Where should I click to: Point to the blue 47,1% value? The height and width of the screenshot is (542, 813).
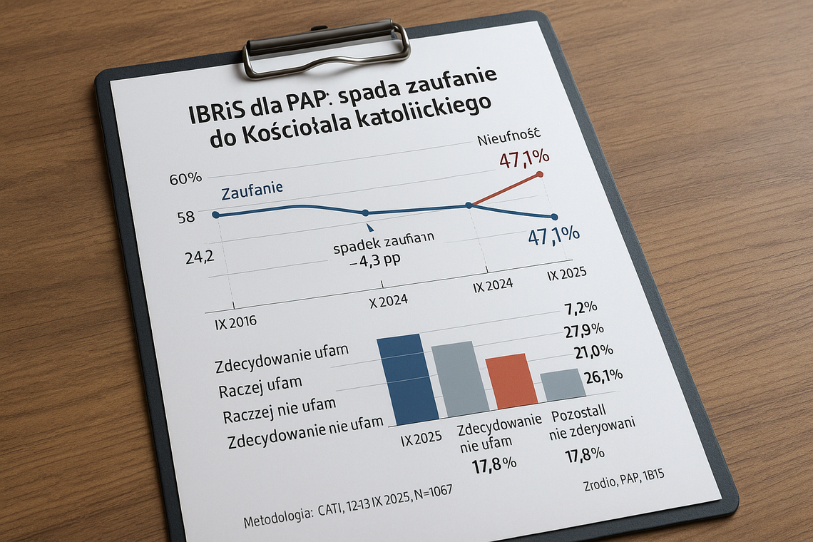click(x=553, y=235)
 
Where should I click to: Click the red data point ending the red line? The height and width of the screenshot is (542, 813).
click(x=539, y=174)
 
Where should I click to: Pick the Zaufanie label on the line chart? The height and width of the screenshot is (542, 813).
click(x=252, y=191)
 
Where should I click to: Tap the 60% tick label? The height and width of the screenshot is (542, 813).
click(x=185, y=178)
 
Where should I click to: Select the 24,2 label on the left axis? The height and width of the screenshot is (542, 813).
click(x=200, y=258)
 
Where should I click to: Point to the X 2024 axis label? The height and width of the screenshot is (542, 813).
click(x=388, y=300)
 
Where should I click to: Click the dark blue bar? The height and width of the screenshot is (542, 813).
click(x=407, y=378)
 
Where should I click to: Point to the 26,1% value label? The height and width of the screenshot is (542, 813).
click(x=603, y=376)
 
